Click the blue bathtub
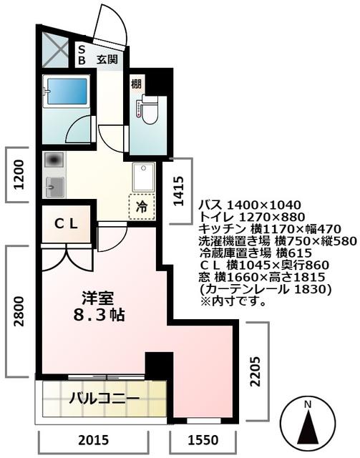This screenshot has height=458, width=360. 65,91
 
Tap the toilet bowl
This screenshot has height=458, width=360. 149,108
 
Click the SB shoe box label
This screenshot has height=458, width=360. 82,56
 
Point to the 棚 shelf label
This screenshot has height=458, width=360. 136,84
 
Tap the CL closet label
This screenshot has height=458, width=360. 67,223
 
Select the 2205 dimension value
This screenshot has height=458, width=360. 258,372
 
